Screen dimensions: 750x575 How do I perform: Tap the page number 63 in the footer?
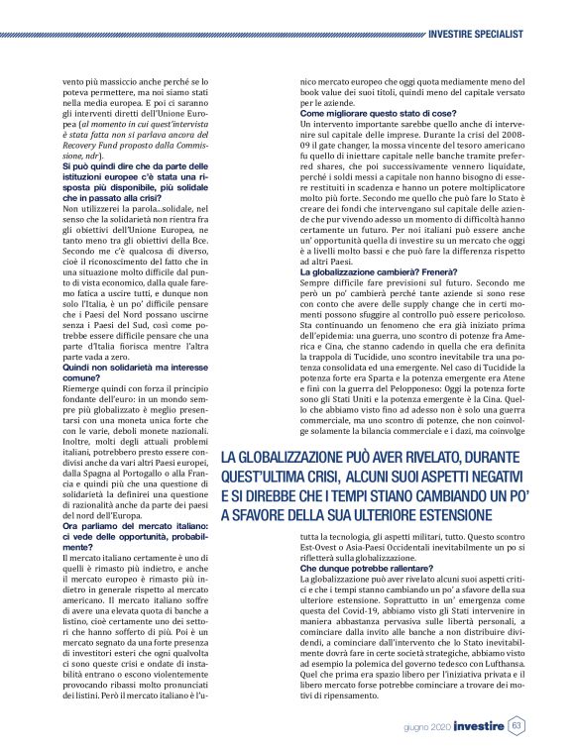[517, 725]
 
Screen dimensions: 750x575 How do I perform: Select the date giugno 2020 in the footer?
[427, 726]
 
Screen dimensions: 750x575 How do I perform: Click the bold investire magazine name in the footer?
[479, 725]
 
